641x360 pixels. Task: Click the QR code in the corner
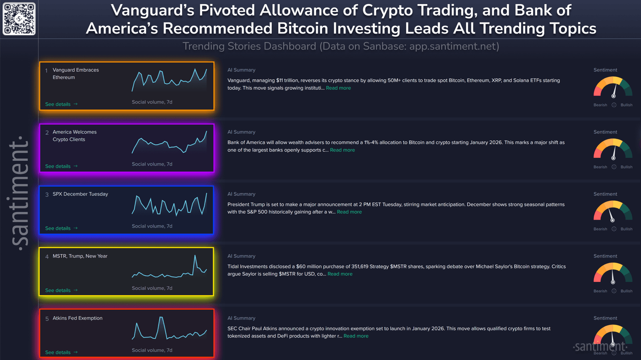click(x=19, y=19)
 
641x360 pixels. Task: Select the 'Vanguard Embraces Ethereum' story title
click(x=76, y=74)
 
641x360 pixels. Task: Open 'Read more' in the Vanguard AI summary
click(x=338, y=88)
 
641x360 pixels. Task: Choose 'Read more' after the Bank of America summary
click(x=342, y=150)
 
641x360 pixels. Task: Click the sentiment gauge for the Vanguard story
click(x=613, y=87)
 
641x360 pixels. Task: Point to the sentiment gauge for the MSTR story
click(x=613, y=273)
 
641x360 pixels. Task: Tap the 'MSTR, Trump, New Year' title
click(x=80, y=256)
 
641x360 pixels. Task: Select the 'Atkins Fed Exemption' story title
click(x=77, y=318)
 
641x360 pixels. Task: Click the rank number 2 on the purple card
click(x=47, y=133)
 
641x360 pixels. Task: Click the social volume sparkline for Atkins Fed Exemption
click(x=169, y=329)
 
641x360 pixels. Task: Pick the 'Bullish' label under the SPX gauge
click(x=626, y=229)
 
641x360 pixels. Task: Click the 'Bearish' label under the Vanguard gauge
click(x=600, y=105)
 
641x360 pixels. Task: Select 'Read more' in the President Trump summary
click(x=349, y=212)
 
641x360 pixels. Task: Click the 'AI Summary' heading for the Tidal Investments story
click(x=241, y=256)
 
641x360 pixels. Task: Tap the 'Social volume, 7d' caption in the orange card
click(x=152, y=102)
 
